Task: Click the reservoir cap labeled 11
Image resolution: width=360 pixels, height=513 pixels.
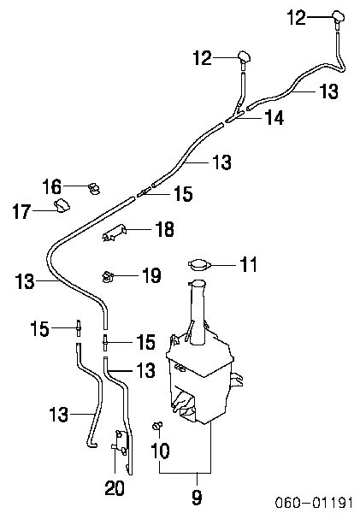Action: (198, 264)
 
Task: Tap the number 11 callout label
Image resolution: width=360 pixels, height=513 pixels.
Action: (248, 265)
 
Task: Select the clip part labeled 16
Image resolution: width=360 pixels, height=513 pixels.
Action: (94, 188)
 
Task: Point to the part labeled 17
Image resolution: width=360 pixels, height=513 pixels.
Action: (62, 205)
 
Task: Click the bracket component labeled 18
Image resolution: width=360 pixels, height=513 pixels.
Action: (114, 233)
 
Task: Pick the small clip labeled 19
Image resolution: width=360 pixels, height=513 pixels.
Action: (107, 276)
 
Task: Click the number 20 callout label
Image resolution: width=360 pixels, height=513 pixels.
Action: (115, 488)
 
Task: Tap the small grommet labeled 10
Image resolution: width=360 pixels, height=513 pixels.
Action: (157, 426)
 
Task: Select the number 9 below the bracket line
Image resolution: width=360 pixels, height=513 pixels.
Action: (197, 497)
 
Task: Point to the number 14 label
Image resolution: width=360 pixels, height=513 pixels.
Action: (274, 117)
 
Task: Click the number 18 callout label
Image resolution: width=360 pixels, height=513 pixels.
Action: (165, 228)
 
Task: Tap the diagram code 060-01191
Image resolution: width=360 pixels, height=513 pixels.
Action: (314, 502)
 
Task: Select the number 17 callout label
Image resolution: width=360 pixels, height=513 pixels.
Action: (22, 211)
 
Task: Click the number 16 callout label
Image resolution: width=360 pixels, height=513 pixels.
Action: (51, 186)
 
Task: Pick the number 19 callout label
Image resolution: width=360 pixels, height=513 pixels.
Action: (151, 275)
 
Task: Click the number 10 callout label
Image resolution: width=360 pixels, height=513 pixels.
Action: (160, 451)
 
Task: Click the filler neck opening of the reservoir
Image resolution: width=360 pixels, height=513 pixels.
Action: (198, 281)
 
